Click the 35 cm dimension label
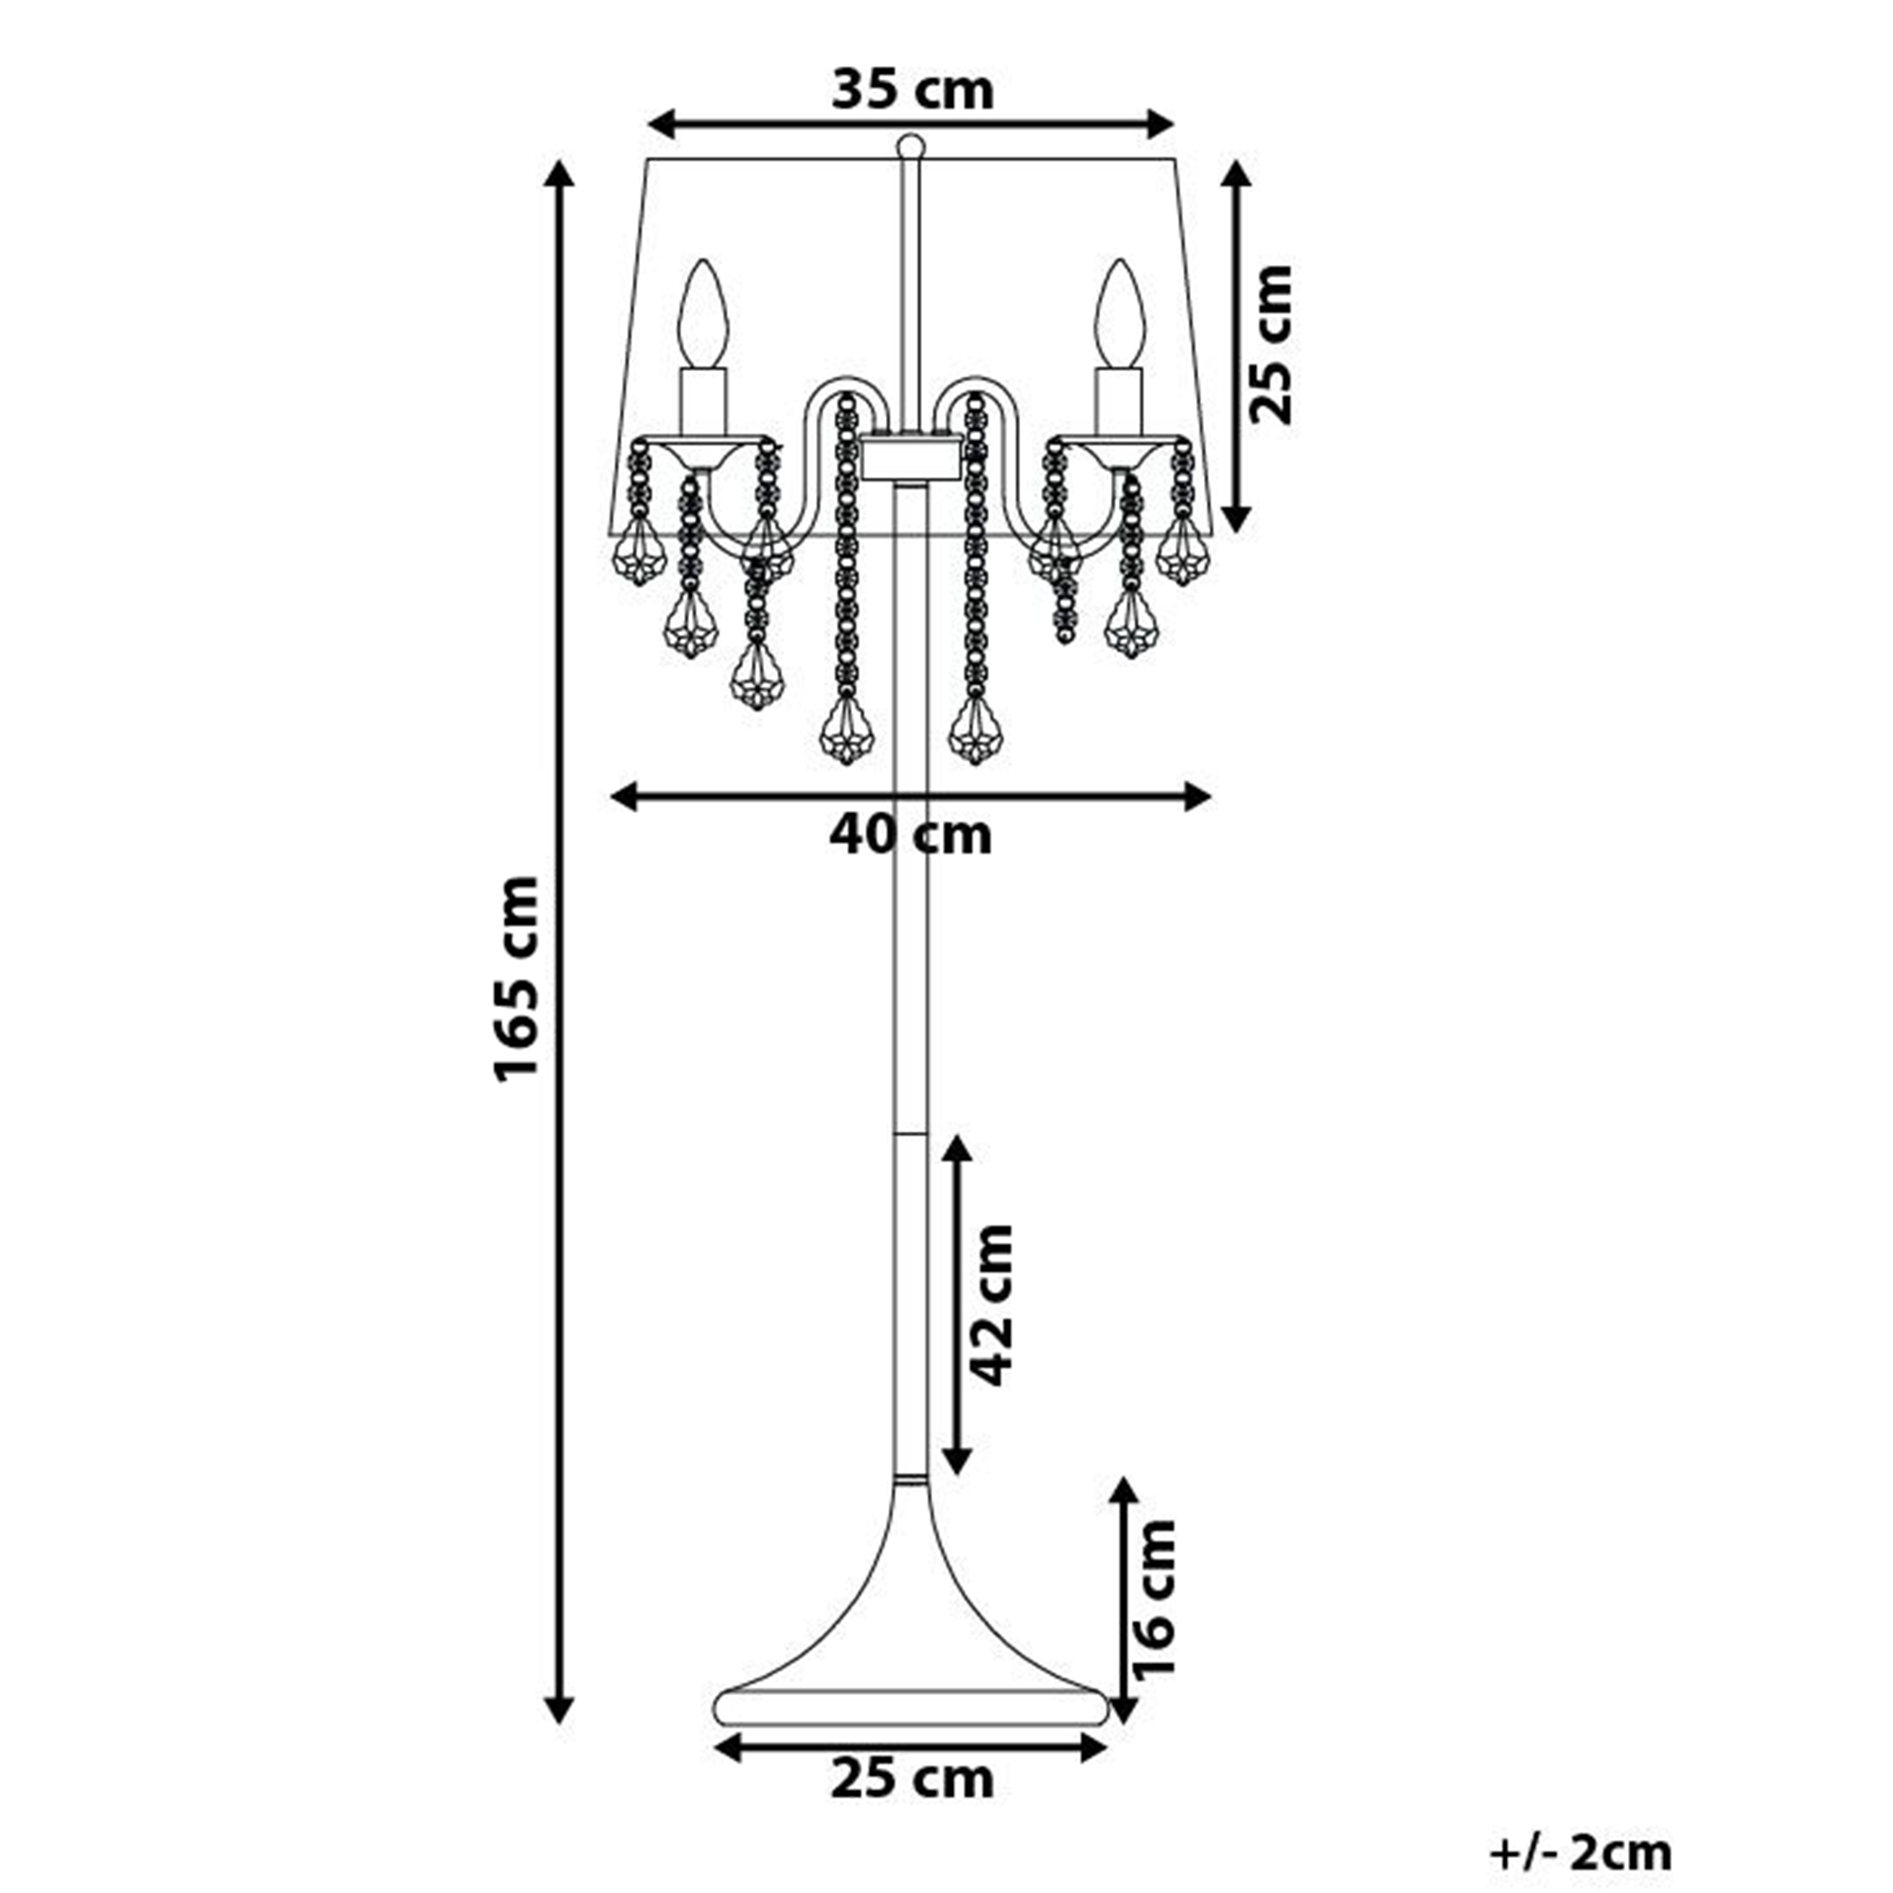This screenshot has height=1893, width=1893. pyautogui.click(x=912, y=90)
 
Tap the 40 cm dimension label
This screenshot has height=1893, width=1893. pyautogui.click(x=911, y=836)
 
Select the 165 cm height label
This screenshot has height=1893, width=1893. pyautogui.click(x=517, y=979)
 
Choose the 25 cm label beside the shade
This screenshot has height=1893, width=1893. pyautogui.click(x=1271, y=344)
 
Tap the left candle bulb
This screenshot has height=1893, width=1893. pyautogui.click(x=704, y=313)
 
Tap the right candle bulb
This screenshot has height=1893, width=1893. pyautogui.click(x=1120, y=313)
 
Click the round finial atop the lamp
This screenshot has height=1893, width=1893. pyautogui.click(x=911, y=147)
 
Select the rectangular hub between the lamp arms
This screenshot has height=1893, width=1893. pyautogui.click(x=911, y=458)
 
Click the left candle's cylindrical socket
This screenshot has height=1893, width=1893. pyautogui.click(x=704, y=401)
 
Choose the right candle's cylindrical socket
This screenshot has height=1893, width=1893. pyautogui.click(x=1120, y=401)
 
